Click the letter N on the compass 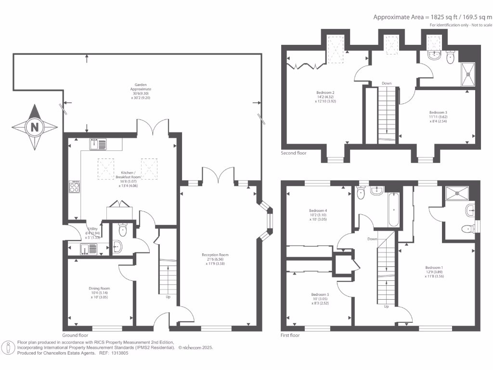34,128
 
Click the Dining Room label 99,292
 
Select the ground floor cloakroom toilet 122,231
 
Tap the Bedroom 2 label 325,97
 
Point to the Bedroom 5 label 321,299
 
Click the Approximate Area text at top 432,17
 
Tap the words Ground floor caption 75,335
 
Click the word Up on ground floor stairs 168,297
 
